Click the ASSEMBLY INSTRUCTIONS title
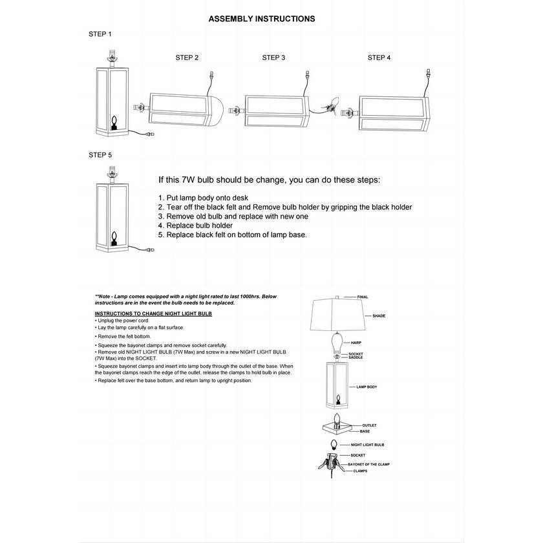[262, 19]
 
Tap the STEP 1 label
[100, 34]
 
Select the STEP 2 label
[187, 58]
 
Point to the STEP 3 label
[273, 58]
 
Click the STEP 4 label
[379, 58]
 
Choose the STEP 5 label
[100, 156]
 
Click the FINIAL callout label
[363, 297]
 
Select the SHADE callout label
[379, 316]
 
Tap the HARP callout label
[356, 342]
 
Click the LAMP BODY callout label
[367, 387]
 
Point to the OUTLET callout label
[369, 425]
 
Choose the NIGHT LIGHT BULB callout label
[368, 445]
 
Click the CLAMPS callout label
[360, 472]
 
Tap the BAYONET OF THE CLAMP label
[369, 464]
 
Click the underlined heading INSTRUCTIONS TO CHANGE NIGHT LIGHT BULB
[153, 314]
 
